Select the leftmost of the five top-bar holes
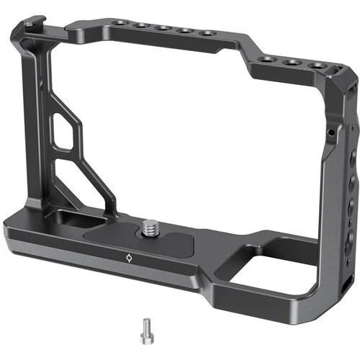120,24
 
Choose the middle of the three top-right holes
292,63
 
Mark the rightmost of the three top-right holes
316,66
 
